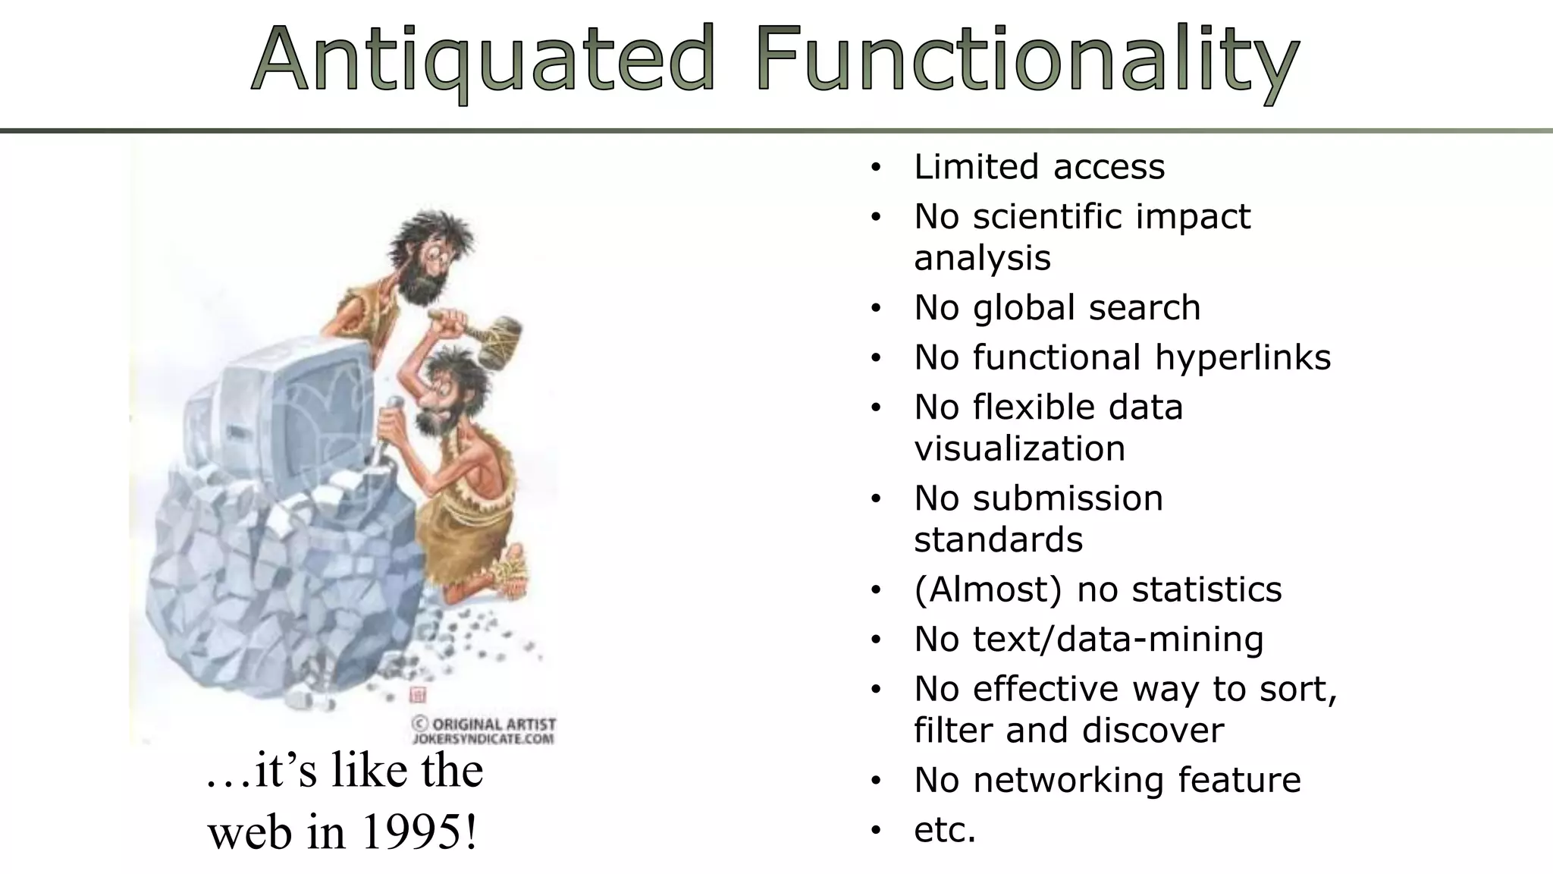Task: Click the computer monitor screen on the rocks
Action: (x=326, y=402)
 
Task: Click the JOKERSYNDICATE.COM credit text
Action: (x=483, y=738)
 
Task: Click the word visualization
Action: (x=1019, y=448)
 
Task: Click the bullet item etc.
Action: (x=945, y=829)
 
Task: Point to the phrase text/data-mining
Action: (x=1118, y=639)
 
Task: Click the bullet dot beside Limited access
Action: (x=876, y=168)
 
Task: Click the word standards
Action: (x=998, y=540)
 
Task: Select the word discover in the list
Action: (x=1153, y=731)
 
